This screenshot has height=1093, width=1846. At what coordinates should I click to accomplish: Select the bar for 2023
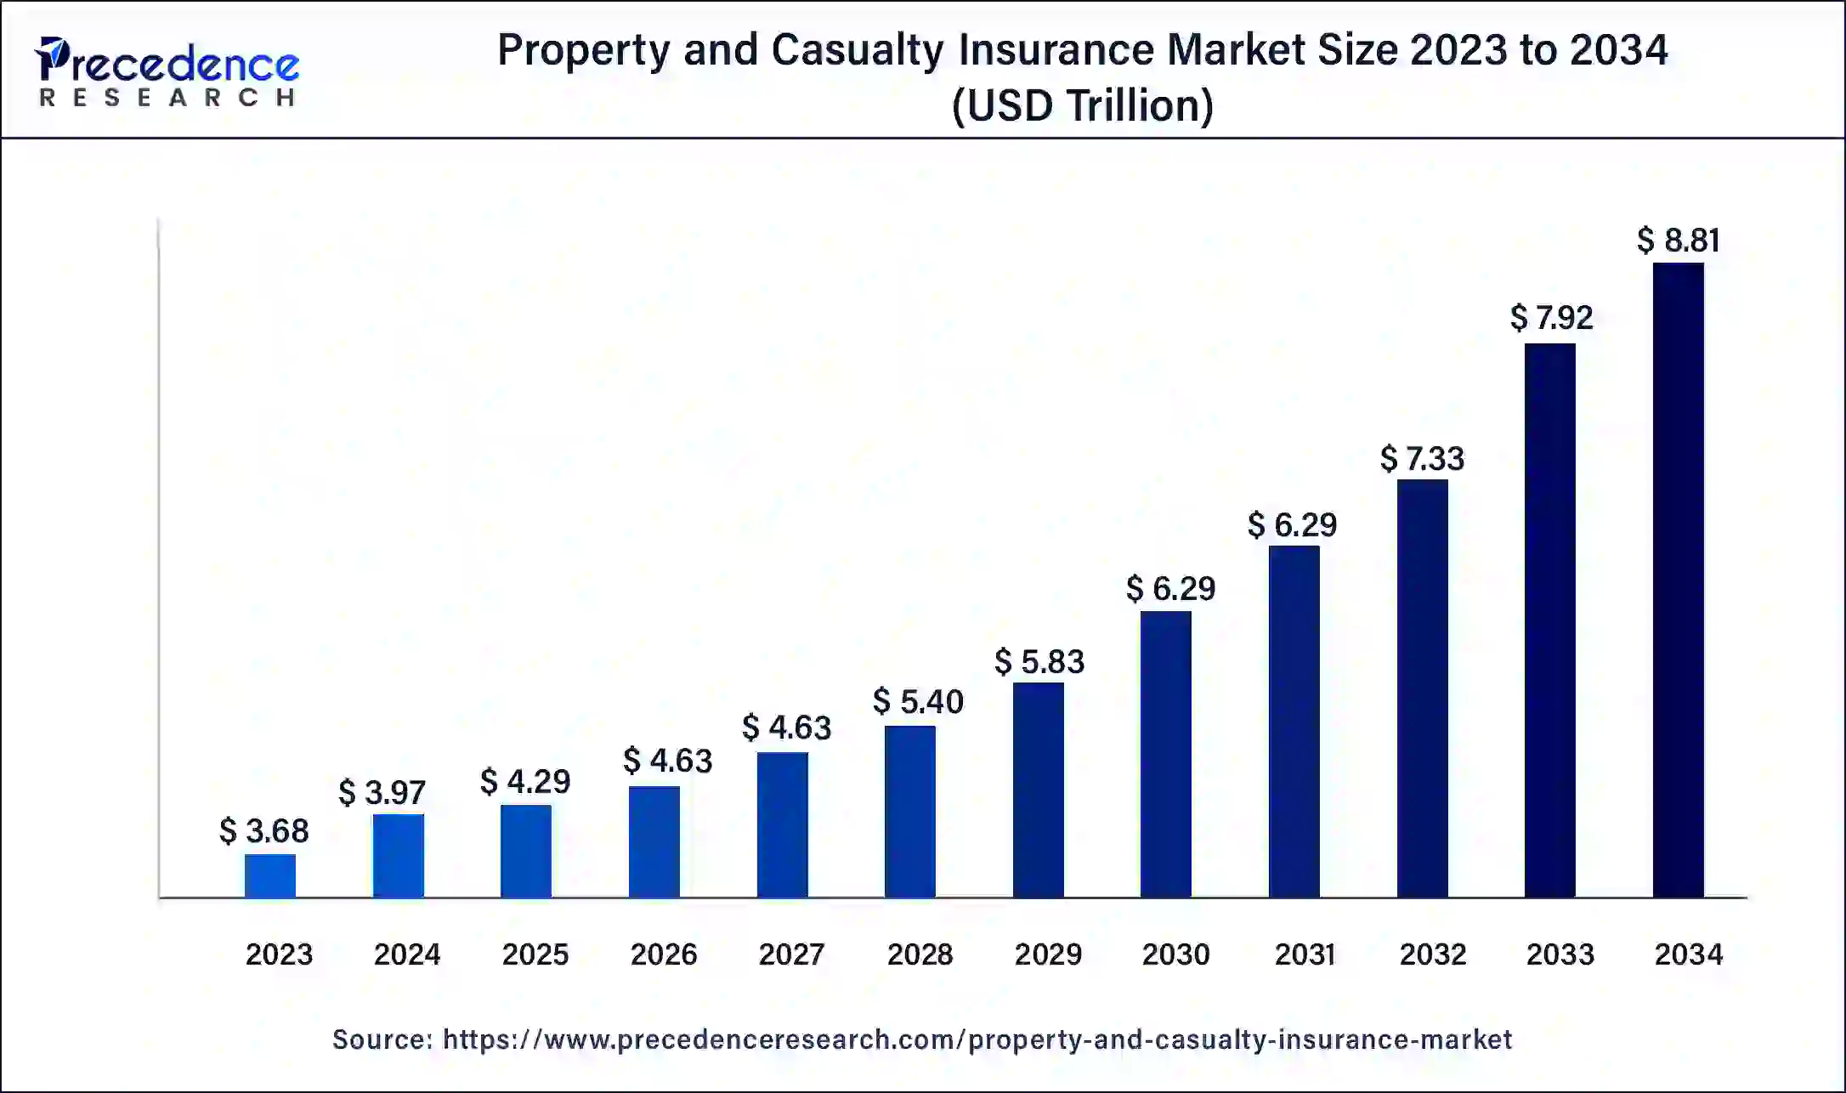click(x=270, y=875)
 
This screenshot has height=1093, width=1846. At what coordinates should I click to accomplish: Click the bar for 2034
click(x=1678, y=580)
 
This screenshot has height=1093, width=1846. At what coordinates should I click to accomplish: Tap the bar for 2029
click(x=1038, y=790)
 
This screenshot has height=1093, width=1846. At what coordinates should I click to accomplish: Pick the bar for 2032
click(x=1422, y=688)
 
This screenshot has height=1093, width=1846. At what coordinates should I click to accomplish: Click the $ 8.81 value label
click(x=1678, y=241)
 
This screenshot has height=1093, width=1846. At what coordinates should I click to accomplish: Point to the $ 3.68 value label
click(x=263, y=831)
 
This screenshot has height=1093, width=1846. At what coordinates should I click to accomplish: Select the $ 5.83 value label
click(x=1039, y=662)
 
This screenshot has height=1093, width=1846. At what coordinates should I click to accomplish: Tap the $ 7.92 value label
click(x=1551, y=318)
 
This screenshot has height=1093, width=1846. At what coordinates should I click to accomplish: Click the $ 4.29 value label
click(x=524, y=782)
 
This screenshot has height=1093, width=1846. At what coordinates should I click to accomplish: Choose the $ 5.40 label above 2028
click(x=918, y=702)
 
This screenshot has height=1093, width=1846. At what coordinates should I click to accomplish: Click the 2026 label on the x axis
click(x=663, y=954)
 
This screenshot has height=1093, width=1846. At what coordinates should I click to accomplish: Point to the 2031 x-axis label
click(x=1305, y=954)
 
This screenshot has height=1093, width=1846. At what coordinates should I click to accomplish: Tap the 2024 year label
click(x=407, y=954)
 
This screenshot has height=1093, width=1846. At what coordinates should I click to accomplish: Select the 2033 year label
click(x=1560, y=954)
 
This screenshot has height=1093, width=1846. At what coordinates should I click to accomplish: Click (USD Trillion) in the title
click(x=1082, y=106)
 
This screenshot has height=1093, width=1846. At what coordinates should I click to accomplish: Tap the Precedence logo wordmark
click(x=167, y=61)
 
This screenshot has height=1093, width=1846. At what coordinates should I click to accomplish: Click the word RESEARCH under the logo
click(x=167, y=98)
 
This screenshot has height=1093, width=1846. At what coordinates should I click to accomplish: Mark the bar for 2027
click(x=782, y=824)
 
